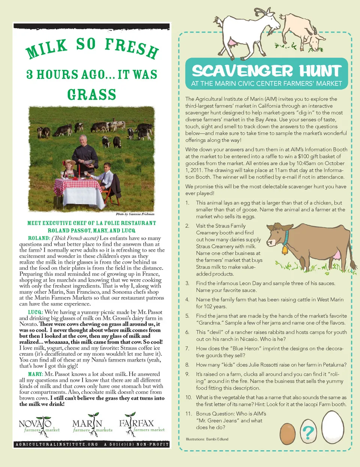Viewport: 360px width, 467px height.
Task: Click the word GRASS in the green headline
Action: (92, 94)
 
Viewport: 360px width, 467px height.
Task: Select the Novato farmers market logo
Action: (39, 425)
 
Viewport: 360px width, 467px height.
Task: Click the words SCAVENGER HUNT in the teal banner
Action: (267, 71)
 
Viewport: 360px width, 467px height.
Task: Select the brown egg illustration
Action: (288, 433)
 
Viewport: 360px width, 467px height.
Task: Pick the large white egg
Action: (333, 428)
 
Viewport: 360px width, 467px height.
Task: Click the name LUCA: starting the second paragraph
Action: (36, 312)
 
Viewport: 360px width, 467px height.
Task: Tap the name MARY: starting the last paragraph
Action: (36, 374)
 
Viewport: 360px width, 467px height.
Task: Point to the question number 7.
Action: (187, 349)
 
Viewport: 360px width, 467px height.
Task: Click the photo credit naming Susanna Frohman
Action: (135, 214)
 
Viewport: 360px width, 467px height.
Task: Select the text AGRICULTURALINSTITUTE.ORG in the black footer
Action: (57, 444)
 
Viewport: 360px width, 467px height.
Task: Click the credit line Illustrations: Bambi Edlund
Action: (207, 439)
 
